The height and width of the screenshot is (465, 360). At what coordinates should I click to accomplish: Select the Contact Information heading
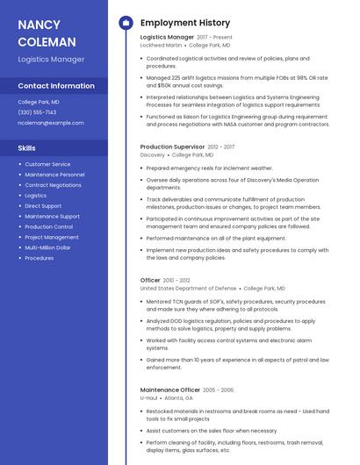56,86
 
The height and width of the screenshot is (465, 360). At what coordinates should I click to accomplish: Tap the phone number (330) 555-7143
37,112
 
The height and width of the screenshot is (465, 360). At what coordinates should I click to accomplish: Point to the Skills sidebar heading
27,148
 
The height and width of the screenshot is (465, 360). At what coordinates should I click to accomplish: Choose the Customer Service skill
47,164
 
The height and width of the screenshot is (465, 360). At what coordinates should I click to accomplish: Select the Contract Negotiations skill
53,185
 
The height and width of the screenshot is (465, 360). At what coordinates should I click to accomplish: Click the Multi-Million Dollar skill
48,247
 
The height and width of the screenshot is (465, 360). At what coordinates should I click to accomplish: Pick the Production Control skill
48,226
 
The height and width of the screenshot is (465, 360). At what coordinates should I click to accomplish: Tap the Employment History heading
185,23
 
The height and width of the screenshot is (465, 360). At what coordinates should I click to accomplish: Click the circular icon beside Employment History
125,23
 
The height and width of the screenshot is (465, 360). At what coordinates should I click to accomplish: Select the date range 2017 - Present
215,38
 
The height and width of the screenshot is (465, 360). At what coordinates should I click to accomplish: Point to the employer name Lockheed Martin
161,45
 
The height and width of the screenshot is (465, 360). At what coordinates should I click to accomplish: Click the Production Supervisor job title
172,147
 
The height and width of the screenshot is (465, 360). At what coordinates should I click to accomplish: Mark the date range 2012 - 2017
222,147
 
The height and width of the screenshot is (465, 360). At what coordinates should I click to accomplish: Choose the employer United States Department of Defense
188,288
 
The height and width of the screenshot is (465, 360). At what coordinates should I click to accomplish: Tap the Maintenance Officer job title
170,390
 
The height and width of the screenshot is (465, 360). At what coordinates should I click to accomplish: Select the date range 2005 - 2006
219,390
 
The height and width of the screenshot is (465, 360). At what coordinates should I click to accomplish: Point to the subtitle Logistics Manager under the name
51,59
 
